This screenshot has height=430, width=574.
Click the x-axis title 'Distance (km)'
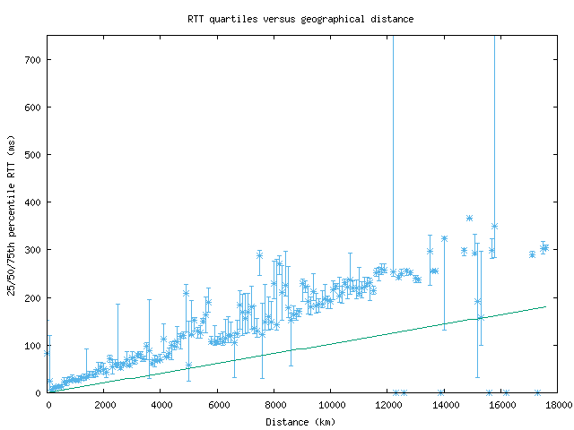[x=300, y=422]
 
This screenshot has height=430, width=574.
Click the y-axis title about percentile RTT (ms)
[x=12, y=215]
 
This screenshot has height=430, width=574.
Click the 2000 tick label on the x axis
[x=104, y=406]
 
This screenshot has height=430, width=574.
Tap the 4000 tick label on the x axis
[x=161, y=406]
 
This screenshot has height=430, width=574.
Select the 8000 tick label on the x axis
[x=274, y=406]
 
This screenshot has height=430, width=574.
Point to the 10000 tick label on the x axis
[x=330, y=406]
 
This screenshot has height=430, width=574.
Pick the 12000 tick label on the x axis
[x=387, y=406]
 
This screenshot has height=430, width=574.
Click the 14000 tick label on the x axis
[x=443, y=406]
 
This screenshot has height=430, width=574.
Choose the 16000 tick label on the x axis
[x=500, y=406]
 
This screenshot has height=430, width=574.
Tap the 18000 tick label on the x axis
[x=556, y=406]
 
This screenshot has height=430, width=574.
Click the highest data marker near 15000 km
[x=469, y=218]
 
